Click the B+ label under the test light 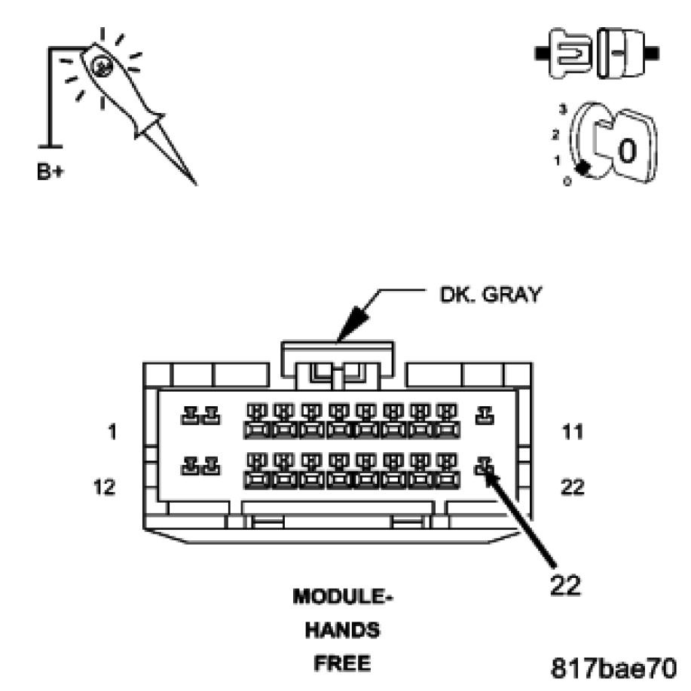[x=51, y=171]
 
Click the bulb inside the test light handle [x=101, y=66]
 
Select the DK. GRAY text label [x=490, y=295]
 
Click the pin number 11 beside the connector [x=573, y=433]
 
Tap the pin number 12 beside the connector [x=105, y=487]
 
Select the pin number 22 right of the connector [x=573, y=487]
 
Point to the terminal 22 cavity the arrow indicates [x=484, y=467]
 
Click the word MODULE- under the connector [x=344, y=597]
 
